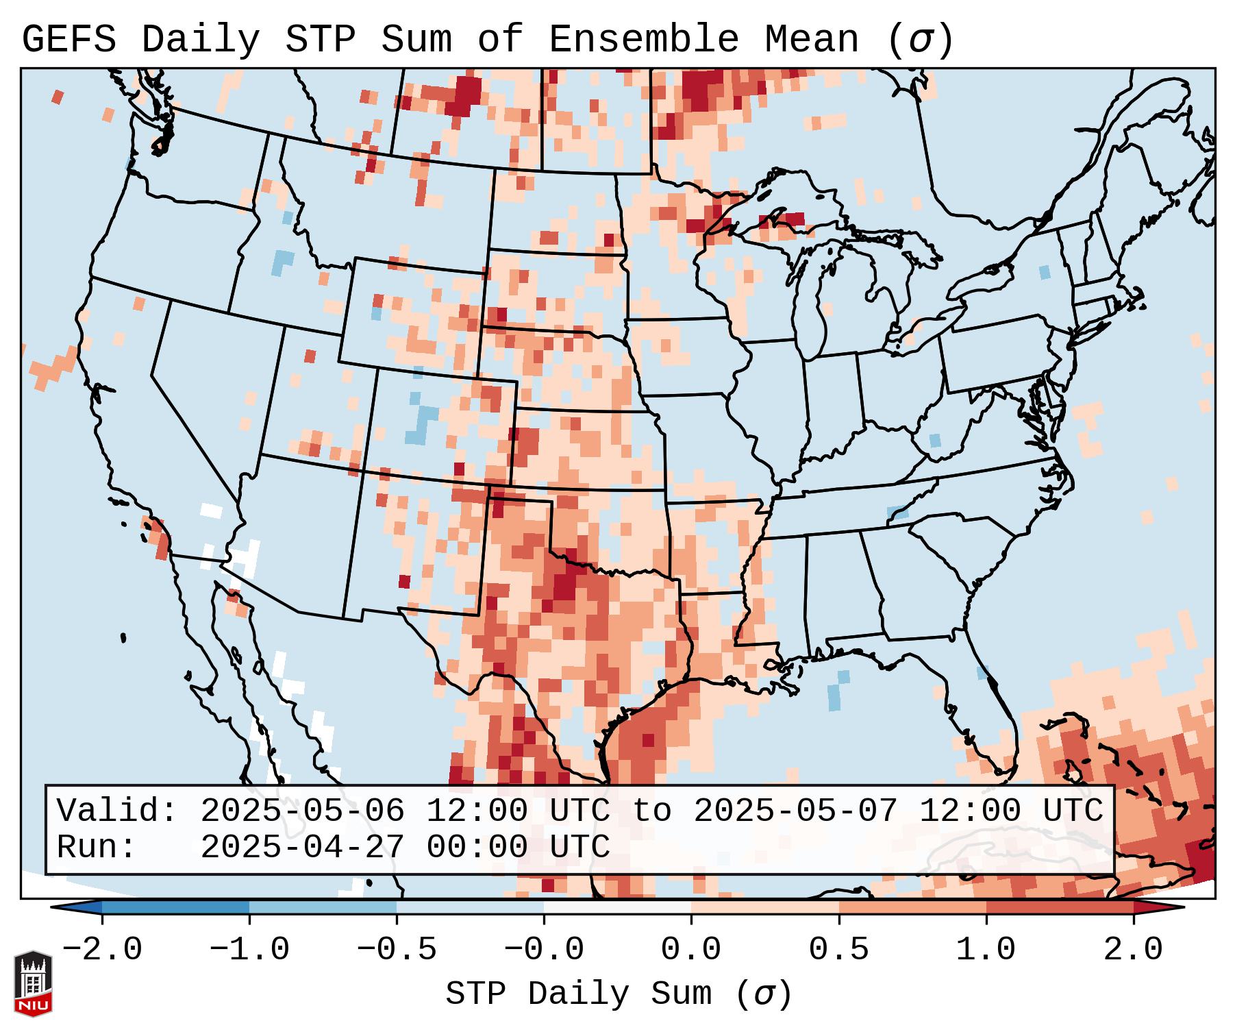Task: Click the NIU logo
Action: coord(33,983)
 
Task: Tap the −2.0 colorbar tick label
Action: coord(102,950)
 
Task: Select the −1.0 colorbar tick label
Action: coord(249,950)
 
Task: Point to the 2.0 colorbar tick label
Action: coord(1133,950)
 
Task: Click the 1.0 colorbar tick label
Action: coord(986,950)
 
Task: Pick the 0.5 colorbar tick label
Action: coord(838,950)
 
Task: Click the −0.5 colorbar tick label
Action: coord(397,950)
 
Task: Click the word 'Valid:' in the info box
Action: coord(117,811)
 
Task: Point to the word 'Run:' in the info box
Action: coord(96,848)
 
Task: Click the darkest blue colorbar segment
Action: coord(175,907)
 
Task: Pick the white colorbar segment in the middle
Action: coord(617,907)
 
